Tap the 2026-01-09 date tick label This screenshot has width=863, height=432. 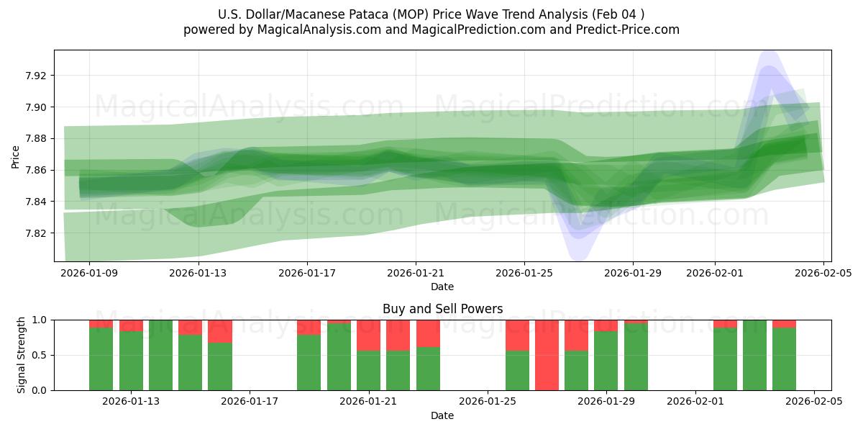[89, 273]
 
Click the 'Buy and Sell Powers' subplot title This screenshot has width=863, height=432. [442, 309]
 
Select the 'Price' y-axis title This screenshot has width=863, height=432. [15, 156]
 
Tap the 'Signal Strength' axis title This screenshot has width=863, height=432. [22, 354]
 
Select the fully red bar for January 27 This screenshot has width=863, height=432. [547, 355]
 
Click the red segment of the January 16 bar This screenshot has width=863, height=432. [220, 331]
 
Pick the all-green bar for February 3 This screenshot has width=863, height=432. [754, 355]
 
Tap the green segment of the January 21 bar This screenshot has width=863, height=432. [368, 371]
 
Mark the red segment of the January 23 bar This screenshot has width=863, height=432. [428, 333]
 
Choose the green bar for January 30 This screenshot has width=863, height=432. [636, 357]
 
